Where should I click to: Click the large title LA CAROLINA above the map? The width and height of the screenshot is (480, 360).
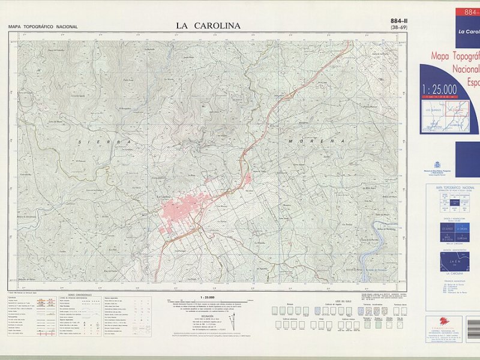click(x=208, y=26)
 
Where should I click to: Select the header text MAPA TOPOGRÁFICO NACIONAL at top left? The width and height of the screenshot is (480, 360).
click(x=43, y=27)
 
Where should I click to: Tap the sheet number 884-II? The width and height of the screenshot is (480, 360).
click(x=398, y=21)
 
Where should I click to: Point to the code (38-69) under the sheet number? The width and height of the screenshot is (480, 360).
click(x=398, y=28)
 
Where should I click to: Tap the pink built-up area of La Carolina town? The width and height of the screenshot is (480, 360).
click(x=183, y=211)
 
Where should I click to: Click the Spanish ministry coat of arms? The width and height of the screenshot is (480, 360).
click(x=437, y=165)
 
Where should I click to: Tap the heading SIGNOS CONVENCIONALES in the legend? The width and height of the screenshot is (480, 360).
click(x=80, y=295)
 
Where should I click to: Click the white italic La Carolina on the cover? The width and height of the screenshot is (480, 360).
click(x=468, y=31)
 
